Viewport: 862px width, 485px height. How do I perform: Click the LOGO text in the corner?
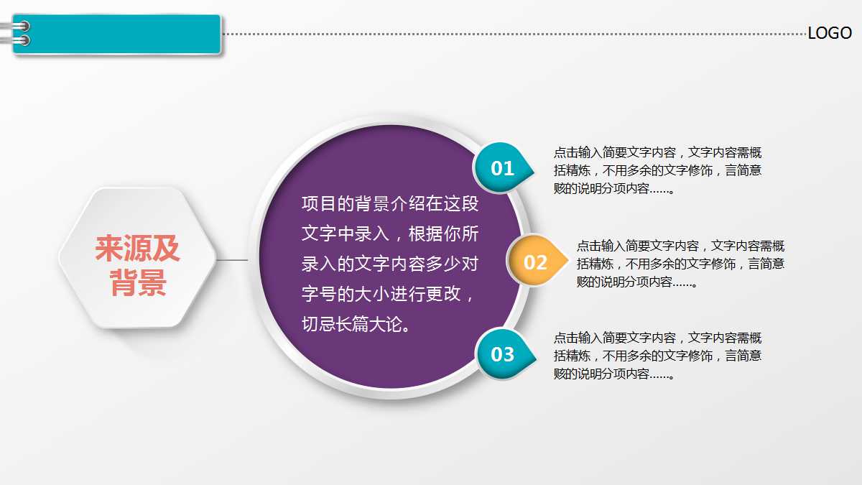[829, 33]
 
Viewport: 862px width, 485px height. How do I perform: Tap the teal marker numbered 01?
[502, 168]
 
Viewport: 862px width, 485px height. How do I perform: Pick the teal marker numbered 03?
[502, 354]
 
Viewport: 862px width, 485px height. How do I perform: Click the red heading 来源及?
[138, 249]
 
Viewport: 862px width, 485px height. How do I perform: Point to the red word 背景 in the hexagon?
[138, 283]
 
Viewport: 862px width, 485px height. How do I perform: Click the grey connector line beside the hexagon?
[231, 260]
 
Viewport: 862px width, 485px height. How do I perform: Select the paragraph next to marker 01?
[657, 171]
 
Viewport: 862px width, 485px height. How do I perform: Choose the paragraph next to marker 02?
[680, 264]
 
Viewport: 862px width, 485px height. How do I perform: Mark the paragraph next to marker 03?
[657, 356]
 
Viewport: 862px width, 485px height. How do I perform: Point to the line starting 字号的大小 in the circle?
[388, 295]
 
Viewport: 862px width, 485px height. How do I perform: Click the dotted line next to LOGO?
[514, 34]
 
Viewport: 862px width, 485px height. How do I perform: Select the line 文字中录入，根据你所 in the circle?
[389, 234]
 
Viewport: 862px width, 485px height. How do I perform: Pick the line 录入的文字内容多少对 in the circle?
[389, 264]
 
